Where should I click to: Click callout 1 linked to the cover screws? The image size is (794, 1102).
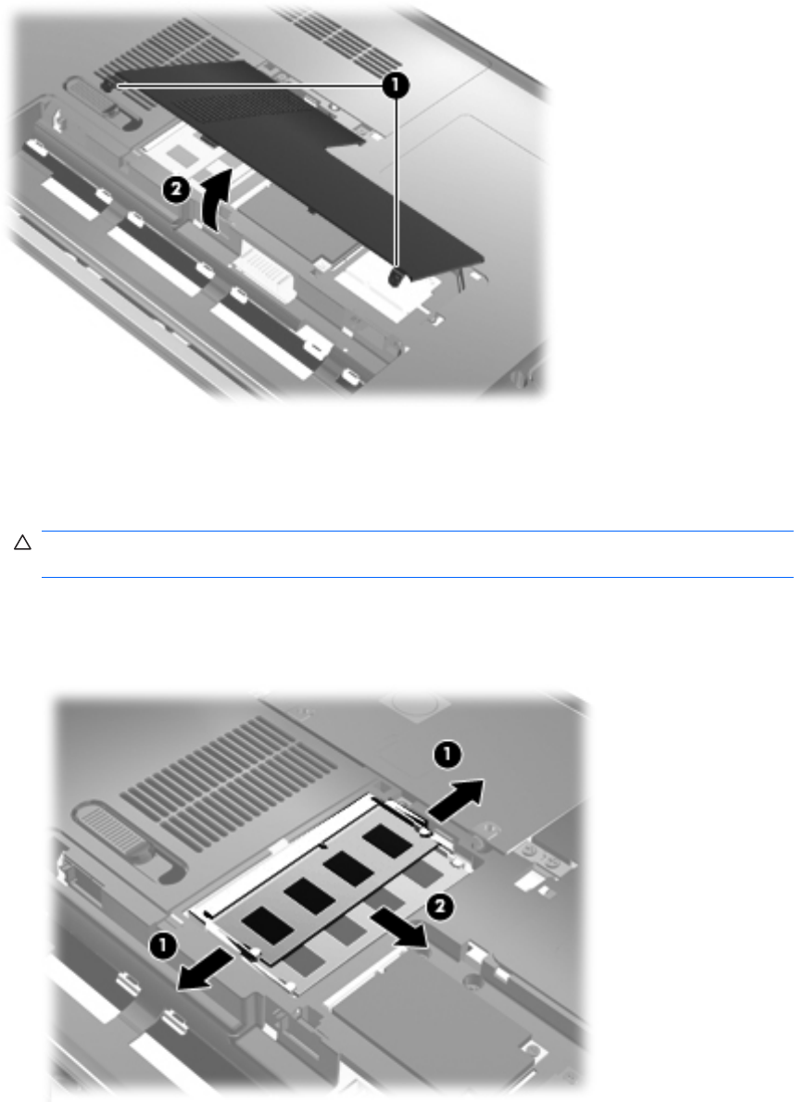click(396, 86)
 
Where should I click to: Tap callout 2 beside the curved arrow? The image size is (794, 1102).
click(176, 190)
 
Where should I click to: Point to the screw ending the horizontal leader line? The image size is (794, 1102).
click(109, 85)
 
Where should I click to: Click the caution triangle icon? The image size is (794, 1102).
click(22, 543)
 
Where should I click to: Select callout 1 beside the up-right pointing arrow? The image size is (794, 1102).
click(447, 757)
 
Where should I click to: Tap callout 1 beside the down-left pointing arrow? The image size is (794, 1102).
click(162, 945)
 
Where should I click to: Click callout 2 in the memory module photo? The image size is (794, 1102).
click(438, 908)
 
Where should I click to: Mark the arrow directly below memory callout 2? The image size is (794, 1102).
click(399, 926)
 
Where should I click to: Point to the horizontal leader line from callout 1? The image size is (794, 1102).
click(249, 85)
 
